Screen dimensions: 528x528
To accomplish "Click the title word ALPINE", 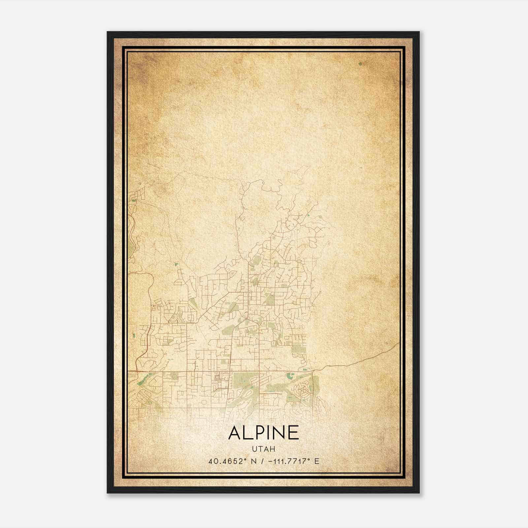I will (x=263, y=433).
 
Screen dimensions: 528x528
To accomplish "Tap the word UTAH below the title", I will (x=263, y=449).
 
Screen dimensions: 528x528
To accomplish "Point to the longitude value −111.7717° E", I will (x=290, y=461).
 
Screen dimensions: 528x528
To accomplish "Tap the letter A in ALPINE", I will (x=235, y=433).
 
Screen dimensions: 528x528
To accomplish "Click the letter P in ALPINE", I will (x=260, y=433).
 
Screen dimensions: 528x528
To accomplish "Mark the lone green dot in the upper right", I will (x=360, y=63).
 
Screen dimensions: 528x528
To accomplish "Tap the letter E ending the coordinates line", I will (x=317, y=461).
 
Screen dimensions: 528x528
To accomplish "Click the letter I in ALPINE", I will (x=270, y=433).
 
